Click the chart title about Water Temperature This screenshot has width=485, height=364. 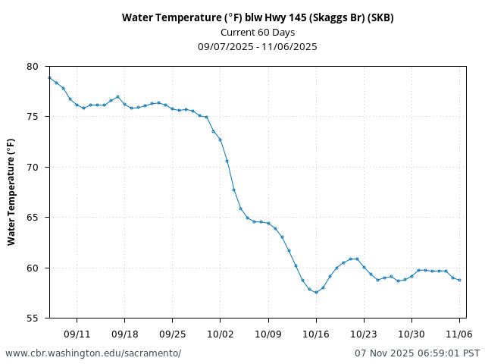(258, 17)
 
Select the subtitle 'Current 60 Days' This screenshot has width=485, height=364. (258, 32)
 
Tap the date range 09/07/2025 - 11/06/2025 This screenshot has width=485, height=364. (258, 46)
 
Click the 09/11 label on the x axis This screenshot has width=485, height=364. (77, 334)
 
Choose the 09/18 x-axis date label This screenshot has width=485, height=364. (124, 334)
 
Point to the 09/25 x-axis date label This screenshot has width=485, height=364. (172, 334)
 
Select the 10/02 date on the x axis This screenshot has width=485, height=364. (220, 334)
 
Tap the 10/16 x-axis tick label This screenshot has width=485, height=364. (315, 334)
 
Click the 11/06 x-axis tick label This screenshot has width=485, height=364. (459, 334)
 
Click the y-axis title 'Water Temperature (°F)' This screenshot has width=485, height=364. (11, 191)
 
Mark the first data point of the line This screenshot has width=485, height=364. (49, 77)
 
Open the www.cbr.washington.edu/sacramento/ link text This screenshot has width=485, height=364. (93, 353)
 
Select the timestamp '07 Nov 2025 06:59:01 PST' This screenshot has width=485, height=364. (417, 353)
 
